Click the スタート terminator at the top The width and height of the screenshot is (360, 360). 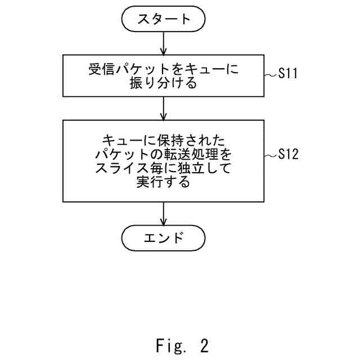pyautogui.click(x=163, y=19)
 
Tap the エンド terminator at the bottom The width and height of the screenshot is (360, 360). pyautogui.click(x=163, y=237)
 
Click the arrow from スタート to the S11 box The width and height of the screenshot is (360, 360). pyautogui.click(x=163, y=43)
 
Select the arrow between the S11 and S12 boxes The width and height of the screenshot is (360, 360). pyautogui.click(x=163, y=107)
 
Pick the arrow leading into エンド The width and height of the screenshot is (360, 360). pyautogui.click(x=163, y=214)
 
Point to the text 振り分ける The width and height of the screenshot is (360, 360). pyautogui.click(x=163, y=83)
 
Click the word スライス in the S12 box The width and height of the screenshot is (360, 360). pyautogui.click(x=120, y=168)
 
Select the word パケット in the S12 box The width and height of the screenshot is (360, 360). pyautogui.click(x=121, y=154)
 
